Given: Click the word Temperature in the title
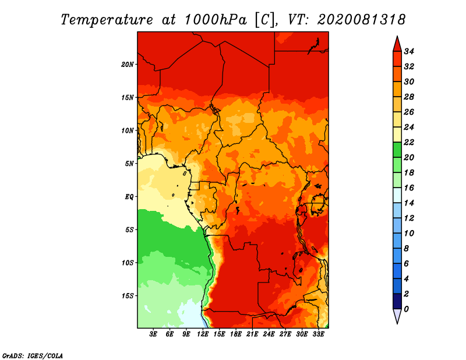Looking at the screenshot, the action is tap(107, 20).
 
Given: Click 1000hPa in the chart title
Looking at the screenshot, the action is tap(215, 20).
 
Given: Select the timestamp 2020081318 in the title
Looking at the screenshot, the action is tap(361, 20).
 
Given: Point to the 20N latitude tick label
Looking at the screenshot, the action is tap(128, 65).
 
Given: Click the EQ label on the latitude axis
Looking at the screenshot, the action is tap(129, 197).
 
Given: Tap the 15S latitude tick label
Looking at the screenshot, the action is tap(128, 296).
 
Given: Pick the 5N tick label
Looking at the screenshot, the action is tap(129, 164).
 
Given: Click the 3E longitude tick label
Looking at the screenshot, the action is tap(153, 334).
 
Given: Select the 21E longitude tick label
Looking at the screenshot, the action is tap(252, 334).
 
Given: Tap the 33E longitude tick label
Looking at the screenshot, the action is tap(318, 334).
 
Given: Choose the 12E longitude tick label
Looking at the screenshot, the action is tap(202, 334).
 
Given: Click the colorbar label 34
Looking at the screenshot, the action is tap(409, 51).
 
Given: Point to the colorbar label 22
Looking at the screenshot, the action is tap(409, 142).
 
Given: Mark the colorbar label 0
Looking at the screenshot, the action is tap(406, 309).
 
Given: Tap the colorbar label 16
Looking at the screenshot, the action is tap(409, 188).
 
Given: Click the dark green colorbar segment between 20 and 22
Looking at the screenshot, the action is tap(397, 150).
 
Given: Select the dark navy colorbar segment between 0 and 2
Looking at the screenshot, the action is tap(397, 301).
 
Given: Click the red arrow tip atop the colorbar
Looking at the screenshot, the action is tap(397, 36).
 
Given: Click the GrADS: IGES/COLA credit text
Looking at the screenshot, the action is tap(33, 356).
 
